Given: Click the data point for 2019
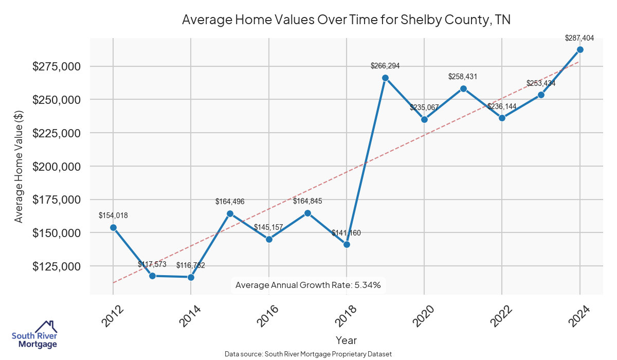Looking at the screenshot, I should point(385,78).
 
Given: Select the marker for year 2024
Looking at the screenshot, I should point(580,49).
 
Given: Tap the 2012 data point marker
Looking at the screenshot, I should point(113,227).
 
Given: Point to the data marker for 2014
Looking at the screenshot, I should point(191,277).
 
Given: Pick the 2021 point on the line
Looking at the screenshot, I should point(463,88).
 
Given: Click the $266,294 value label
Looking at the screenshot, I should point(385,66).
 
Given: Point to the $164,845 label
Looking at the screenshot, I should point(307,201).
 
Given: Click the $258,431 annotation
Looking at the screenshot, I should point(463,77).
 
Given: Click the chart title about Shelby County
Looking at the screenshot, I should point(346,20).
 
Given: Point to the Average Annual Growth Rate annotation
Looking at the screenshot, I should point(308,285).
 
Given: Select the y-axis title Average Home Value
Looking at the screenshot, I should point(19,166).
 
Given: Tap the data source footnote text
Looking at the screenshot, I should point(308,354).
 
